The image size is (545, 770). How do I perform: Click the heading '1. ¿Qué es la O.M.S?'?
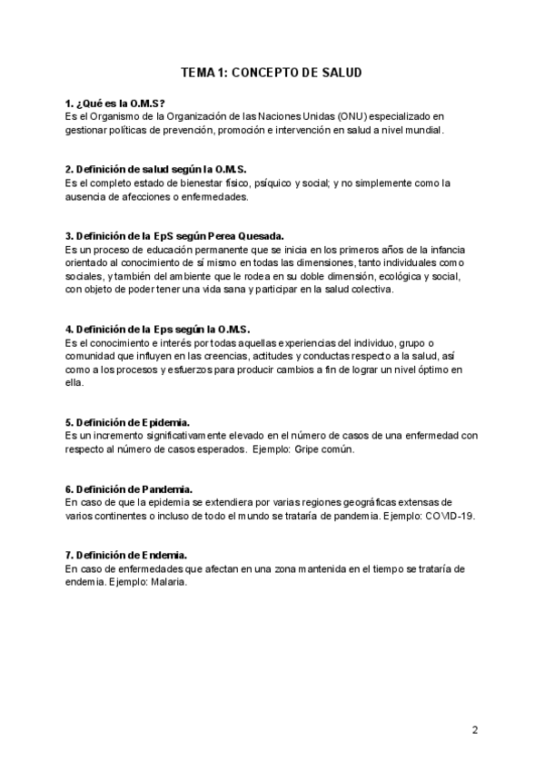(x=115, y=104)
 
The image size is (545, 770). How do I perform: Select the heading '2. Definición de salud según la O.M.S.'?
(x=156, y=169)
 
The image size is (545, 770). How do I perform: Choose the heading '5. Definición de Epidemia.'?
(x=128, y=422)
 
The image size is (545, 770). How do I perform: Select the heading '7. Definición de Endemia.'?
(x=127, y=555)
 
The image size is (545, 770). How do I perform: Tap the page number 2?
(x=475, y=729)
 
